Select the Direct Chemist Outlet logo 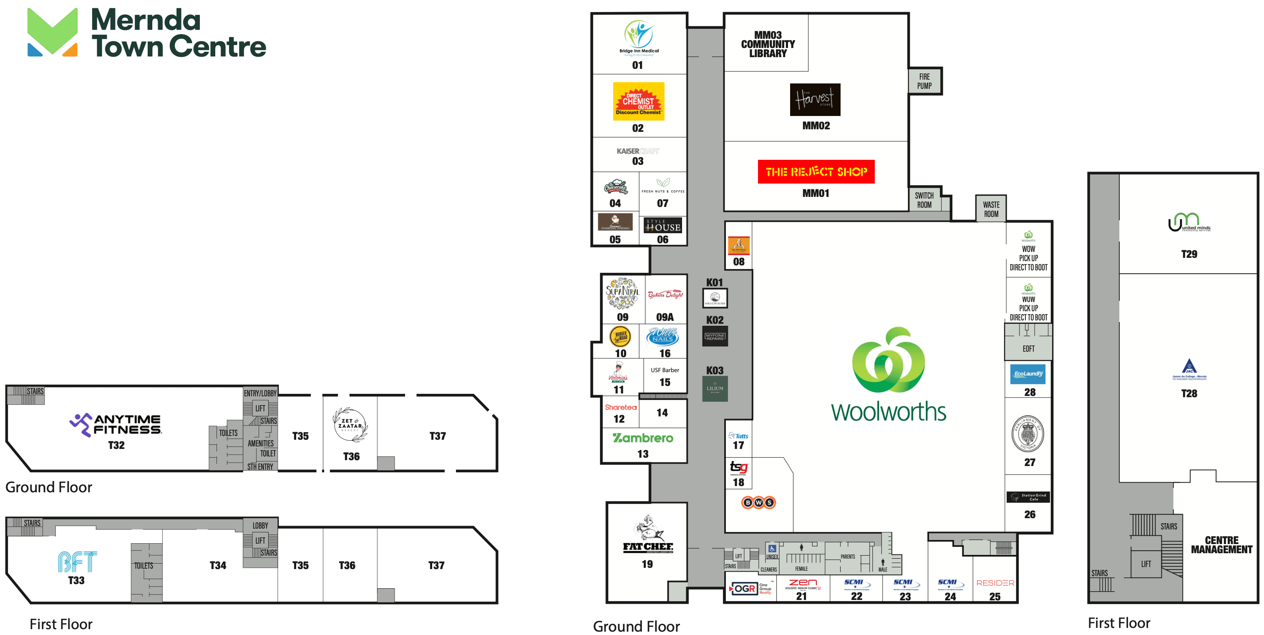point(638,101)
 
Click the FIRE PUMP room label point(924,81)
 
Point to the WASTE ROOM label point(991,209)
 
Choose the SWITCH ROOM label point(924,200)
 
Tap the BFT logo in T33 point(77,562)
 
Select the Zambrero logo point(643,437)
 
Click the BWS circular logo point(758,502)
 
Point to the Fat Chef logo point(648,534)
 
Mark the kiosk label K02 point(715,320)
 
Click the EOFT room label point(1028,348)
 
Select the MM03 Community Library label point(768,44)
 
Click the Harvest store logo point(815,100)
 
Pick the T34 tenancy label point(218,565)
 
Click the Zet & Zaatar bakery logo point(350,424)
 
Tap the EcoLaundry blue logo point(1028,374)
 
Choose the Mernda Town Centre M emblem point(53,32)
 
